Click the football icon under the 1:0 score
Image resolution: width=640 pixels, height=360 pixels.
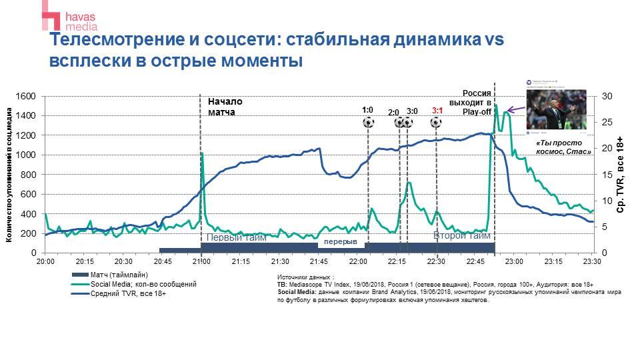[x=368, y=123]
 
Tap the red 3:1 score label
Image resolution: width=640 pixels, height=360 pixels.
[x=437, y=111]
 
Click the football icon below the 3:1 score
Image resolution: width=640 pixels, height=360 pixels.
[x=436, y=123]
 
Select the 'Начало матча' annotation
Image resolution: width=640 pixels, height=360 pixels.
[x=225, y=107]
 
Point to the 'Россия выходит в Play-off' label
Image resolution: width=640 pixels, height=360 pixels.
[x=478, y=103]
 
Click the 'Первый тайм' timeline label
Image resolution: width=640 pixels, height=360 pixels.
[x=236, y=237]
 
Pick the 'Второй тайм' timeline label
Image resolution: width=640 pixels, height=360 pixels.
[x=461, y=235]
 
